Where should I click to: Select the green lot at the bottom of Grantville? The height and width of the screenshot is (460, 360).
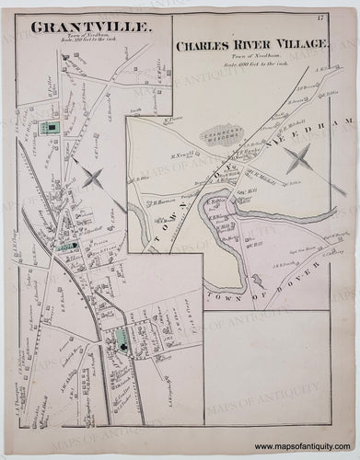coord(121,345)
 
